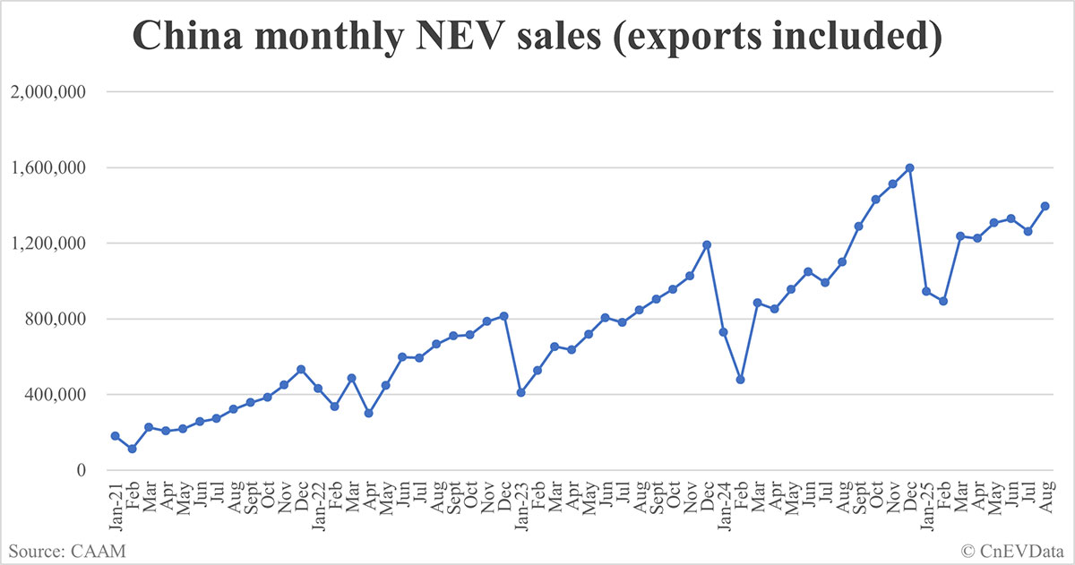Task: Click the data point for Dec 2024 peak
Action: pyautogui.click(x=909, y=167)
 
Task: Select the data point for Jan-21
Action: pyautogui.click(x=115, y=436)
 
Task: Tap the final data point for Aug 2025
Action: pyautogui.click(x=1045, y=206)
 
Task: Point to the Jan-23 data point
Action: pyautogui.click(x=520, y=392)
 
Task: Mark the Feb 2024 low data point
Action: pyautogui.click(x=741, y=380)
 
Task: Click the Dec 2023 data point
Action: pyautogui.click(x=707, y=244)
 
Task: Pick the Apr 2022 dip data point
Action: pyautogui.click(x=368, y=413)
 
